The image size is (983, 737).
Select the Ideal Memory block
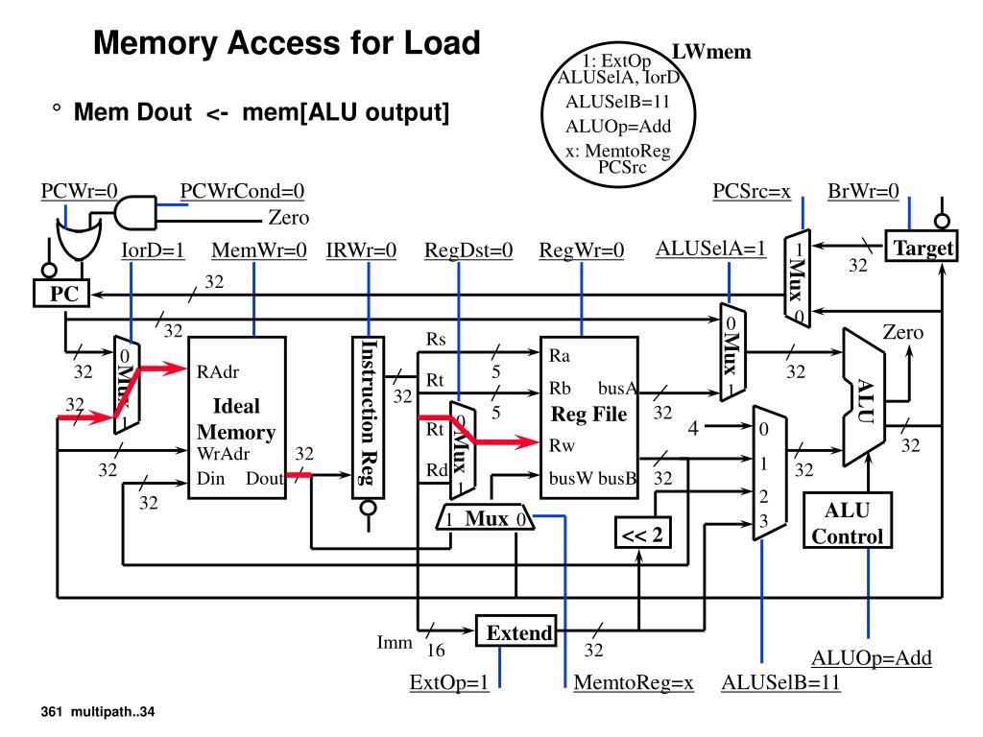tap(236, 417)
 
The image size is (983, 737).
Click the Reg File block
tap(589, 416)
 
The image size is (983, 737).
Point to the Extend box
tap(518, 632)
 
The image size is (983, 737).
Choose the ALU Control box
tap(848, 521)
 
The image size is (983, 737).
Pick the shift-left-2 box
tap(642, 535)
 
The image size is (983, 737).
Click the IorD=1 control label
tap(154, 251)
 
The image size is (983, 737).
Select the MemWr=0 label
tap(258, 251)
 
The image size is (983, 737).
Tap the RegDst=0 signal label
tap(468, 251)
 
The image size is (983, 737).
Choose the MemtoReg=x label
tap(633, 683)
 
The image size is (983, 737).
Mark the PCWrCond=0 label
tap(242, 190)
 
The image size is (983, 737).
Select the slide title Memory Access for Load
tap(285, 43)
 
